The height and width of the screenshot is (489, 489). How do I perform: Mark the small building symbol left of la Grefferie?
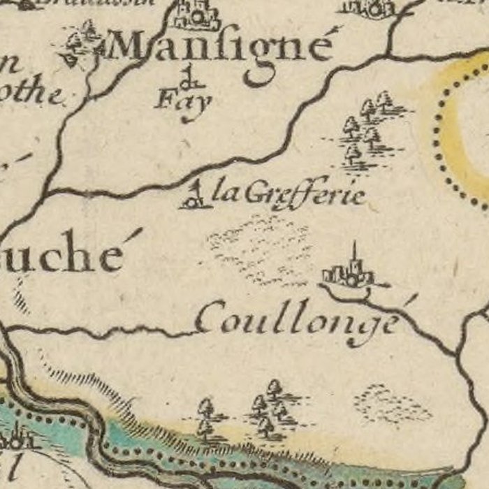click(194, 196)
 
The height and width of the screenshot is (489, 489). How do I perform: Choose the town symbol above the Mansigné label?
click(196, 15)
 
